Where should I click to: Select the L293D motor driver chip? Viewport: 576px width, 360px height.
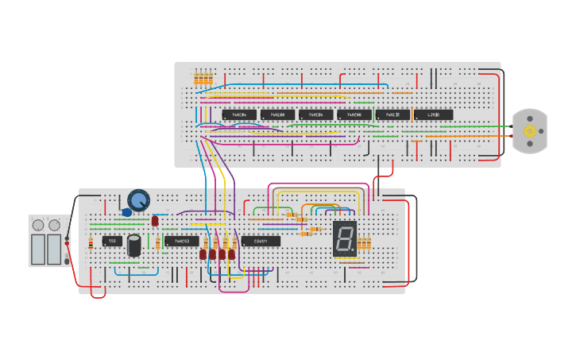point(433,114)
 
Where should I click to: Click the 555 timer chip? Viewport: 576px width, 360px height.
point(112,241)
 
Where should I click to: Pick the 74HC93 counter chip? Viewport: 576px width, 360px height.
point(181,241)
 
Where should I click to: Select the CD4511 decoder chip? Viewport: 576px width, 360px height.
point(261,241)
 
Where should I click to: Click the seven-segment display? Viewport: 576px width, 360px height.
point(344,238)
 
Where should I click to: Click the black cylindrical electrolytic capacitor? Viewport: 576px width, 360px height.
point(134,245)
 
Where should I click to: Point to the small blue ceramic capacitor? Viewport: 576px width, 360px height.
point(127,212)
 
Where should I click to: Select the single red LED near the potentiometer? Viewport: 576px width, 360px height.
point(155,221)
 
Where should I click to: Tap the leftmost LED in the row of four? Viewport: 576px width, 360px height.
point(203,254)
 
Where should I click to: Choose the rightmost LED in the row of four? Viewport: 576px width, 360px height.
point(232,254)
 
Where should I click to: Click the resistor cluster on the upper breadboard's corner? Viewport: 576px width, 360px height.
point(203,79)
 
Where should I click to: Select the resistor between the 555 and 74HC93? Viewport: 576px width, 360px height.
point(157,241)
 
